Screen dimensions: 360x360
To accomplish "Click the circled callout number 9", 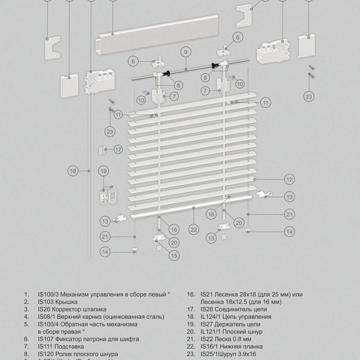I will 186,52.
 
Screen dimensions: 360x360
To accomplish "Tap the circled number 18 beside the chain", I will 73,172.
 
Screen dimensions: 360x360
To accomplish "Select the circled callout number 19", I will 103,172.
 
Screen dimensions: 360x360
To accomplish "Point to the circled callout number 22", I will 193,229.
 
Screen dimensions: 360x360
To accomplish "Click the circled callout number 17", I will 118,149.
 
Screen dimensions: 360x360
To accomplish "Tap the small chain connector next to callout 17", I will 106,149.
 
